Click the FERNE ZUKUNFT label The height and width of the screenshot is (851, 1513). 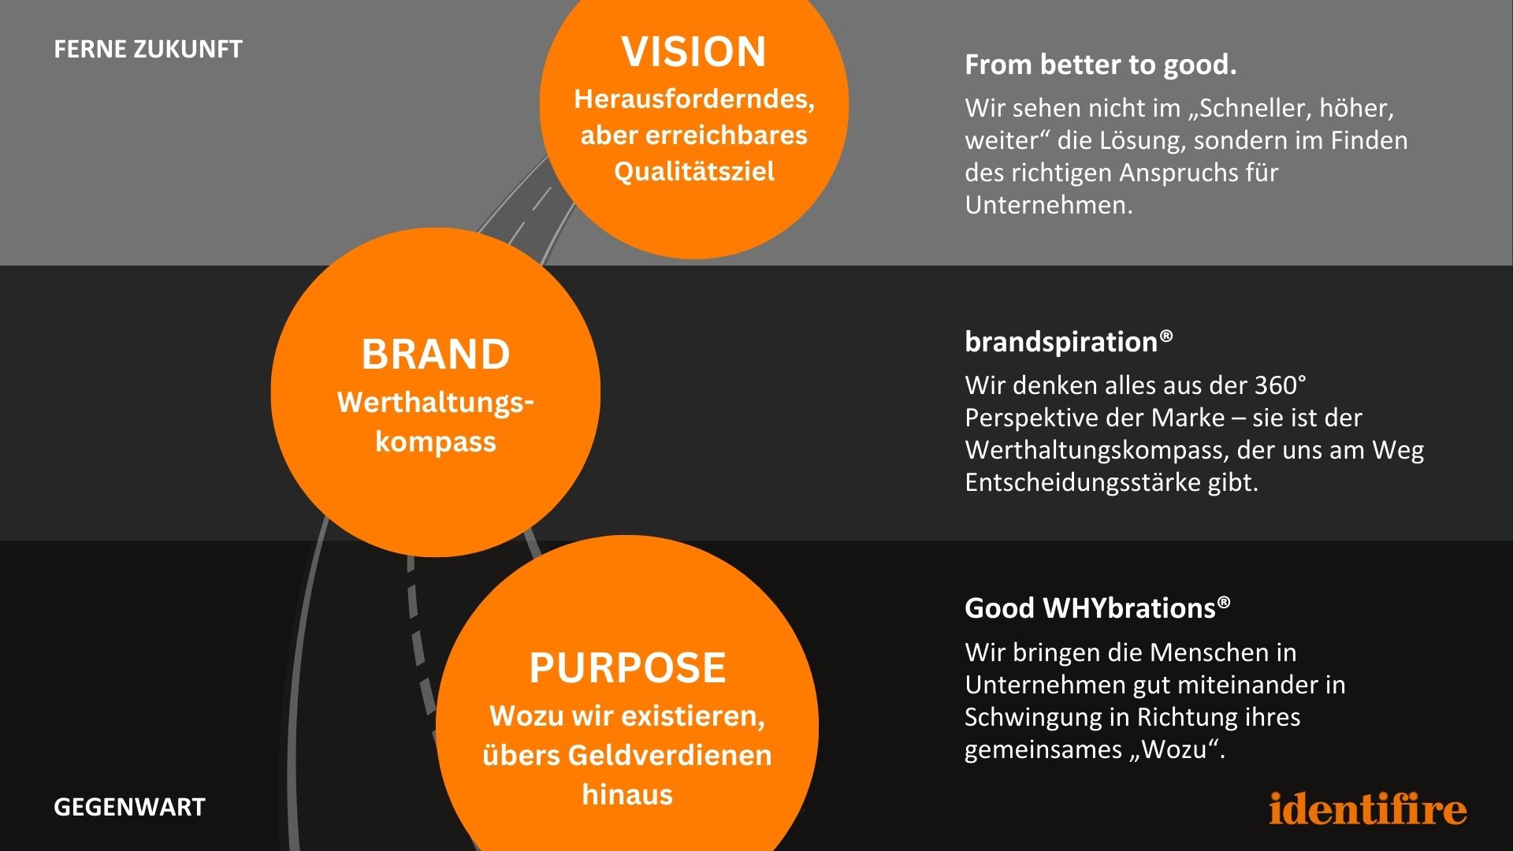[x=148, y=50]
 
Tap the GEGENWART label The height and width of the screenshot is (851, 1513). [x=129, y=807]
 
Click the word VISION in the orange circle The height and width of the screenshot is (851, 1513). [x=693, y=52]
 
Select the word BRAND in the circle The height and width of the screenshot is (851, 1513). [x=436, y=354]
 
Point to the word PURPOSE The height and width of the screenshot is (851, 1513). [x=627, y=668]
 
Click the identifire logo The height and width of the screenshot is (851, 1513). [x=1368, y=808]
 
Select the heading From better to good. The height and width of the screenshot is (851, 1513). [x=1100, y=65]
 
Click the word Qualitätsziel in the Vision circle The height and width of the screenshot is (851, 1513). [x=694, y=171]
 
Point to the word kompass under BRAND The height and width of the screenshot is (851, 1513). [x=436, y=441]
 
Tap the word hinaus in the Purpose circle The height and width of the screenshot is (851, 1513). [x=627, y=794]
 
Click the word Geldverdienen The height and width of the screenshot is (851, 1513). [x=670, y=755]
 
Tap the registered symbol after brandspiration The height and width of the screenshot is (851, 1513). [x=1166, y=336]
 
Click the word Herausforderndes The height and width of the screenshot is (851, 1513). [x=694, y=99]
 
